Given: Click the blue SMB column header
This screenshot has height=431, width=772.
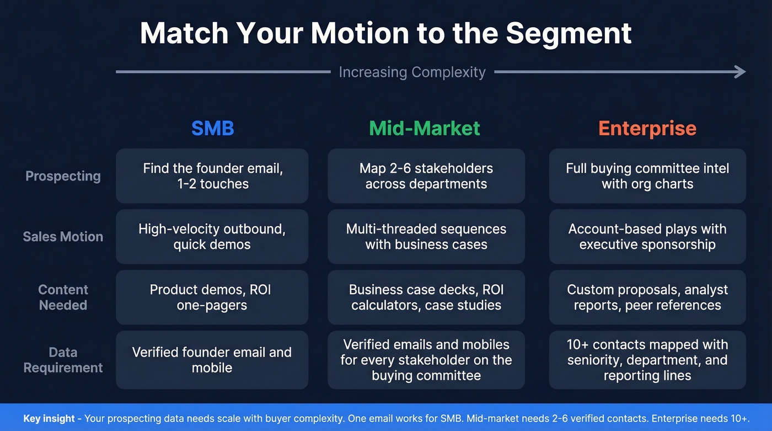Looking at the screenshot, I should (212, 129).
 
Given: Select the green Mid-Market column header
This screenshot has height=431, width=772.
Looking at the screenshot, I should (425, 129).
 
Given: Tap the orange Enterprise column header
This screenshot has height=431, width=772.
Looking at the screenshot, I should (647, 129).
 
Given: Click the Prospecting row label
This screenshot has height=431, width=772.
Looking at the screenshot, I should (63, 176).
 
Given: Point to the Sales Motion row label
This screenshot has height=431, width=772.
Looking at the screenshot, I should (63, 237).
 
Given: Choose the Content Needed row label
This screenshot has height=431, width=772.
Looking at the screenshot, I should (63, 297).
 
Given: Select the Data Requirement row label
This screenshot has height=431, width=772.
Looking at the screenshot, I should (63, 360).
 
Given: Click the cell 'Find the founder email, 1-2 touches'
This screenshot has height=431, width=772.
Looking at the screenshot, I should (212, 176).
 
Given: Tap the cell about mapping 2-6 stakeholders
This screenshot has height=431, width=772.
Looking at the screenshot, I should (426, 176).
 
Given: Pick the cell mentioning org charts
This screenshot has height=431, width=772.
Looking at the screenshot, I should (647, 176).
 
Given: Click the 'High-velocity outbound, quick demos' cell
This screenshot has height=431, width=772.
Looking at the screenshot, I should (212, 237).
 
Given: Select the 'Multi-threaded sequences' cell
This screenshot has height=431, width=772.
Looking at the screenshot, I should (426, 237).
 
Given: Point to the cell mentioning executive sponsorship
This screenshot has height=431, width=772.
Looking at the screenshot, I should (647, 237).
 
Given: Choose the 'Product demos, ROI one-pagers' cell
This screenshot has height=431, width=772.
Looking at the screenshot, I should (212, 297).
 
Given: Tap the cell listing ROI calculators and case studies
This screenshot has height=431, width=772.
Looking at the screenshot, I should (426, 297).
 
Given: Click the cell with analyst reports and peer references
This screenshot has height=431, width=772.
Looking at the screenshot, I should (647, 297).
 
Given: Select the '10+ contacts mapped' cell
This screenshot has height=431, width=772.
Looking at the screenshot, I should (647, 360).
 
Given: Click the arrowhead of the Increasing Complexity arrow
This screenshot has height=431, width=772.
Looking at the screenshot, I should (741, 72).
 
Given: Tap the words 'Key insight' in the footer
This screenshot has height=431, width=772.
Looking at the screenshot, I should (49, 418).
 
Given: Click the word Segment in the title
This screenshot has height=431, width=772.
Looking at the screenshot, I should (569, 33).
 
